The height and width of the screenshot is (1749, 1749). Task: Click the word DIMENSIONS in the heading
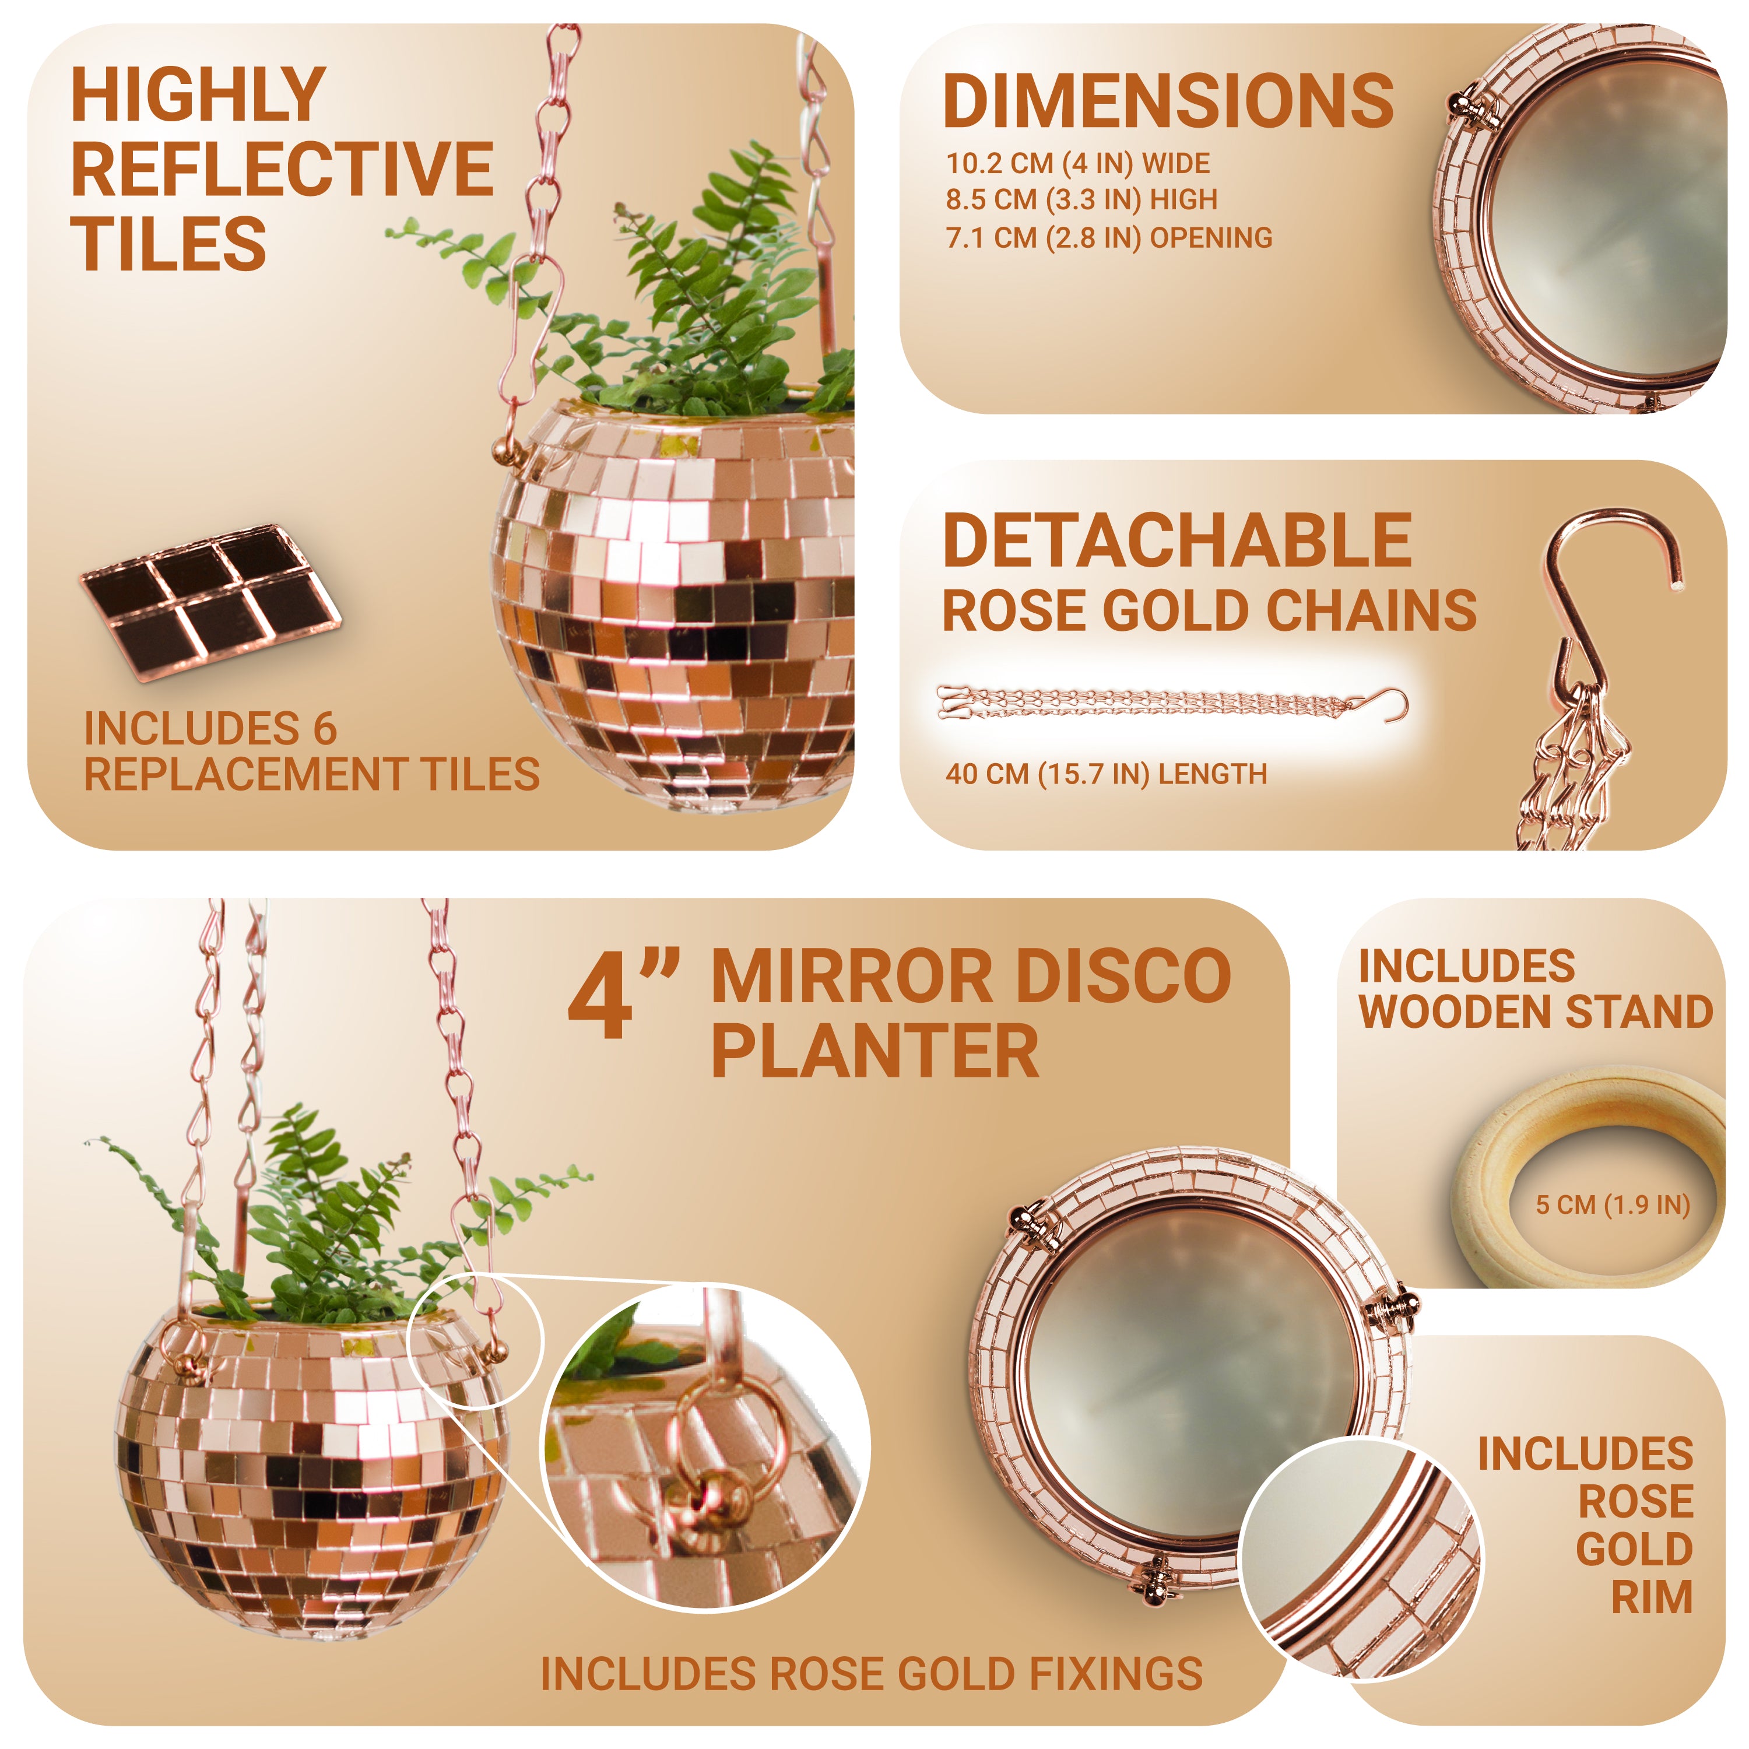coord(1168,101)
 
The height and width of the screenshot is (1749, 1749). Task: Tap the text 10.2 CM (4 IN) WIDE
coord(1077,164)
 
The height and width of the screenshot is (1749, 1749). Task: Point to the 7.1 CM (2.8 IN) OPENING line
coord(1109,238)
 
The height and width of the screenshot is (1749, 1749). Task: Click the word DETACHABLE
coord(1177,540)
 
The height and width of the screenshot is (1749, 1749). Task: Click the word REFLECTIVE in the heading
coord(282,169)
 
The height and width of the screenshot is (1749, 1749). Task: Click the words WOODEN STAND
coord(1536,1012)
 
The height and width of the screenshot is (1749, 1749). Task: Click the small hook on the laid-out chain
coord(1390,704)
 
